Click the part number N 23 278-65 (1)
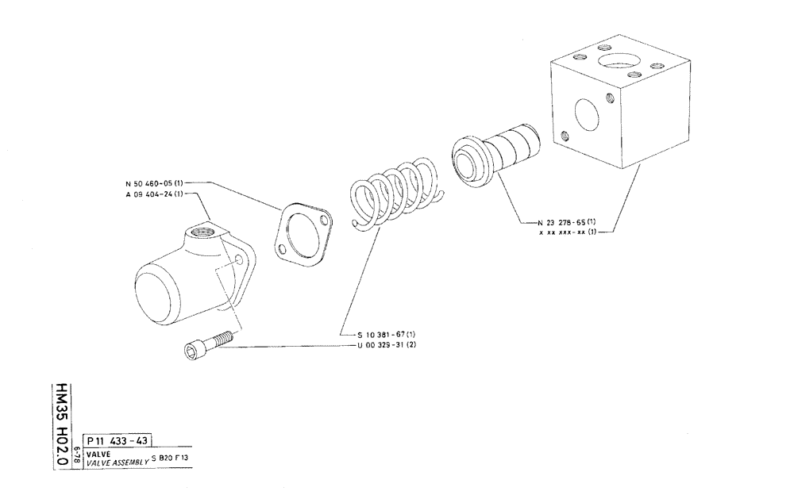pos(566,221)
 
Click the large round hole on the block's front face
pos(589,114)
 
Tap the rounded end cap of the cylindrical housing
pos(158,290)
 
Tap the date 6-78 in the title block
pos(76,455)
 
